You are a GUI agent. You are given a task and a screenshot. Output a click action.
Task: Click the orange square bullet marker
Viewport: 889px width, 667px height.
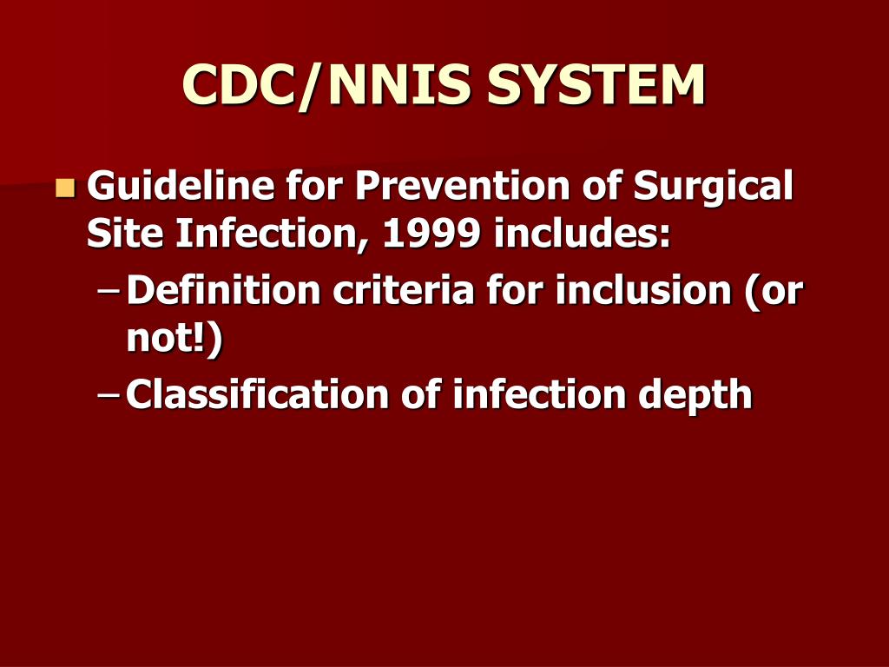tap(65, 187)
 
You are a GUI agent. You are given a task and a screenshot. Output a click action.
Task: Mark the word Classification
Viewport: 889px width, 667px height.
tap(257, 394)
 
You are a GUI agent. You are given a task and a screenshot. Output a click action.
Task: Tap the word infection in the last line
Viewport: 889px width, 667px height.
tap(540, 394)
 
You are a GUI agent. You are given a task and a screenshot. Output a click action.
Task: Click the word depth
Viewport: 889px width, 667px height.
tap(695, 396)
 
